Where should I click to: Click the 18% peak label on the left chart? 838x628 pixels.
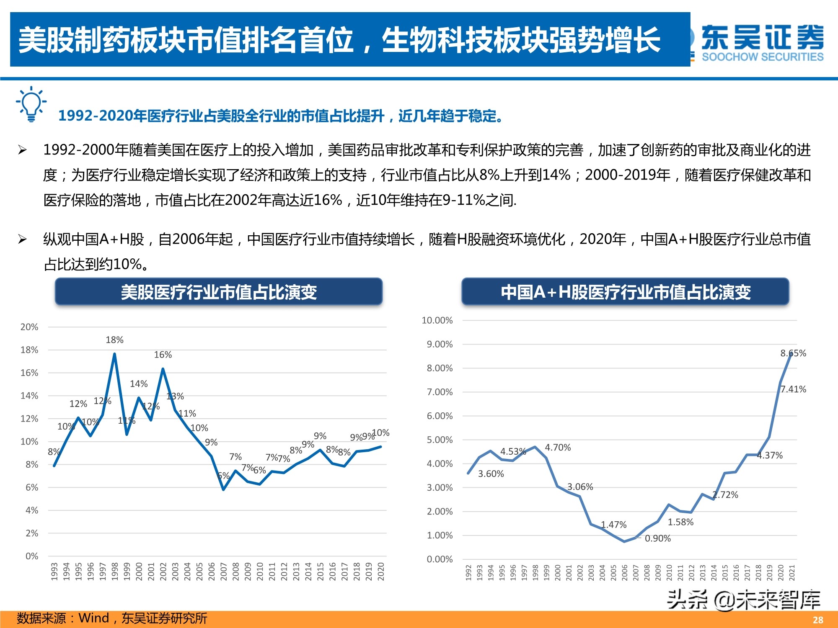114,340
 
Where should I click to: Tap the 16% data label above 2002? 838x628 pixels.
163,355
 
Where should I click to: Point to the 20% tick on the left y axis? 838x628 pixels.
29,327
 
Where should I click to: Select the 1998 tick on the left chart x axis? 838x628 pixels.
115,571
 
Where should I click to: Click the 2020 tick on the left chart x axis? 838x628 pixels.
381,571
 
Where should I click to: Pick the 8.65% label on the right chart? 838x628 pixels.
793,353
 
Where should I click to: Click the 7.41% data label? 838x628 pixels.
793,389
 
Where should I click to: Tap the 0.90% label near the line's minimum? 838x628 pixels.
657,539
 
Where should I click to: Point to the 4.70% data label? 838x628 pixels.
558,448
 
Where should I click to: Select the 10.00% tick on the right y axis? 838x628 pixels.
437,321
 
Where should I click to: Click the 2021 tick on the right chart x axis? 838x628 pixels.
792,572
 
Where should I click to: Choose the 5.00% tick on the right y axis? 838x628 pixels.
440,440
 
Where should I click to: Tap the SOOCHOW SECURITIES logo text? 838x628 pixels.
762,57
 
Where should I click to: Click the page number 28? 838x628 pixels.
818,620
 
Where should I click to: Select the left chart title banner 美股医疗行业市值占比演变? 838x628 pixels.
219,292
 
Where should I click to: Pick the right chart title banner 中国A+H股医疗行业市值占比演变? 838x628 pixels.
625,292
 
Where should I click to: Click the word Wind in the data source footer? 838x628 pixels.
94,618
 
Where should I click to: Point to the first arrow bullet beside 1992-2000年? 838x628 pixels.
22,150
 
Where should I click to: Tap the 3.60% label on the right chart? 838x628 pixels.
491,474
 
